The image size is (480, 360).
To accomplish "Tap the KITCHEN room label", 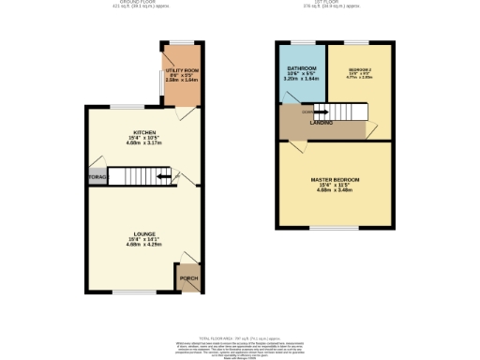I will (143, 133).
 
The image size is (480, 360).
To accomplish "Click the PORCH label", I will (188, 277).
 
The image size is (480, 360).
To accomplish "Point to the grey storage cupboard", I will (96, 175).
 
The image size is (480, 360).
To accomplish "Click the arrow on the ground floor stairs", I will (163, 175).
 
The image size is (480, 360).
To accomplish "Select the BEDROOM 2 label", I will (360, 70).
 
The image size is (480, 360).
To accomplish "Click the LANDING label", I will (322, 123).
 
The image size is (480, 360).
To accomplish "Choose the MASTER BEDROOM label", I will (336, 179).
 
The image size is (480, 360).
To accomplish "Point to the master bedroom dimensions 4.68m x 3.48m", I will (336, 191).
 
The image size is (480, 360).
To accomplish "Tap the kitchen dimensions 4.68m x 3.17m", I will (143, 144).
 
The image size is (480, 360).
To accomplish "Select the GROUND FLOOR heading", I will (143, 4).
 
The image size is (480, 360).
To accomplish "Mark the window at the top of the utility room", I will (180, 41).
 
